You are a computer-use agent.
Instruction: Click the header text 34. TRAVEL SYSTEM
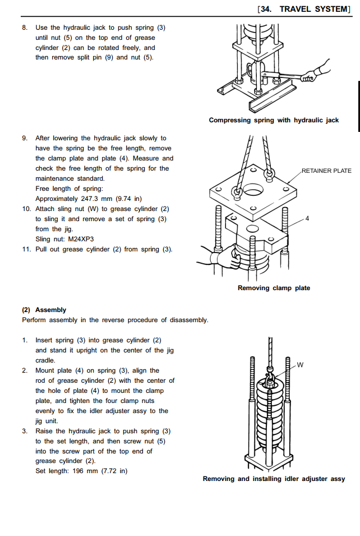pyautogui.click(x=303, y=9)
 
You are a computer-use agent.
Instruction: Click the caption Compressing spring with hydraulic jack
pyautogui.click(x=274, y=120)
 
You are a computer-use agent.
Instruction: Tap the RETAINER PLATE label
pyautogui.click(x=326, y=171)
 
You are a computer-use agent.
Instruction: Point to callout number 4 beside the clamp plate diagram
pyautogui.click(x=307, y=218)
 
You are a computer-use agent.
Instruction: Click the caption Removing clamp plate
pyautogui.click(x=274, y=288)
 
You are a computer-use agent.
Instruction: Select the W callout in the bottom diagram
pyautogui.click(x=300, y=365)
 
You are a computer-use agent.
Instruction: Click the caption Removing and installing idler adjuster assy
pyautogui.click(x=274, y=479)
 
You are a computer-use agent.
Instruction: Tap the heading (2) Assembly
pyautogui.click(x=44, y=310)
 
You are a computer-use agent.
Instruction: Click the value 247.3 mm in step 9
pyautogui.click(x=94, y=199)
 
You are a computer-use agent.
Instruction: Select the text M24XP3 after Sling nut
pyautogui.click(x=81, y=239)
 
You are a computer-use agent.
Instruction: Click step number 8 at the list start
pyautogui.click(x=24, y=28)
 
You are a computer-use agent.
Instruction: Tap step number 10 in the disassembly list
pyautogui.click(x=26, y=209)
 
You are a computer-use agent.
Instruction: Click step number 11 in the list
pyautogui.click(x=26, y=249)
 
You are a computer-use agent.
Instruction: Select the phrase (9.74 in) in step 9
pyautogui.click(x=129, y=199)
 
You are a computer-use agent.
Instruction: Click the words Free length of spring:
pyautogui.click(x=66, y=189)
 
